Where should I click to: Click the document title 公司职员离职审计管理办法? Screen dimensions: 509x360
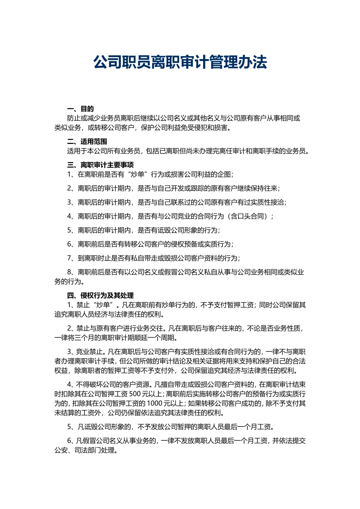(x=180, y=62)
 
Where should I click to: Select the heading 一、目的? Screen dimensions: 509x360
(x=80, y=109)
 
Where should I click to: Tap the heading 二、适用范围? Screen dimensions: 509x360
(x=87, y=142)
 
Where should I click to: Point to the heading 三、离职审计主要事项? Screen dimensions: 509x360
(x=100, y=165)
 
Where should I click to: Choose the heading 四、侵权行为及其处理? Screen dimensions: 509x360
(x=100, y=296)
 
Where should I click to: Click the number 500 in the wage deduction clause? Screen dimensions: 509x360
(x=135, y=394)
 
